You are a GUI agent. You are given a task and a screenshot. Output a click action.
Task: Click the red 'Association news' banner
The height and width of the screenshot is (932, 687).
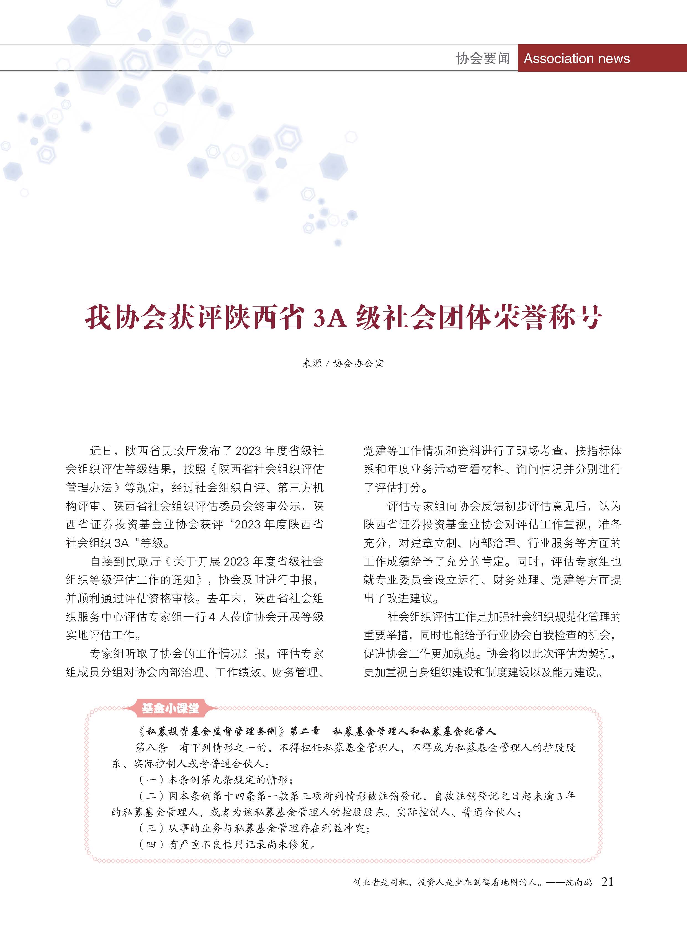pos(577,58)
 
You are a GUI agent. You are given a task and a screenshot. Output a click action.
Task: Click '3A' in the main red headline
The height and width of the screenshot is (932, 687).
pos(329,319)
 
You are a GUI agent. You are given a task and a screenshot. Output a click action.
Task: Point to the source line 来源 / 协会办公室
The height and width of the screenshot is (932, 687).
pos(343,364)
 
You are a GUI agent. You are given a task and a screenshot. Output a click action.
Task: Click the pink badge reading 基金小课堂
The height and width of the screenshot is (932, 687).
pos(171,708)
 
